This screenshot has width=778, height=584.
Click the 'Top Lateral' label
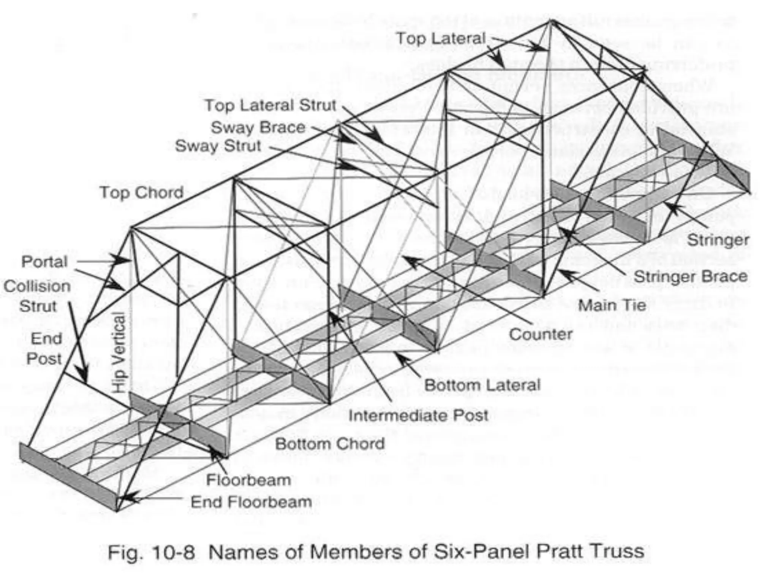441,38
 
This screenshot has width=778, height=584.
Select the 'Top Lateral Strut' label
270,105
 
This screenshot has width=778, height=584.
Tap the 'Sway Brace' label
258,127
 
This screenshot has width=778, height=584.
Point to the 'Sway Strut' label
218,146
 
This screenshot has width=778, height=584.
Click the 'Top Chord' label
141,192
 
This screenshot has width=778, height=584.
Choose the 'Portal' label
44,262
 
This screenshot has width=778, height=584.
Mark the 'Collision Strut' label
37,296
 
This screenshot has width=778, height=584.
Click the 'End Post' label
45,349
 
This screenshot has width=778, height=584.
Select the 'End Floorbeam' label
251,502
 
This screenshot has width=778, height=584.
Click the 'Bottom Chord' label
330,444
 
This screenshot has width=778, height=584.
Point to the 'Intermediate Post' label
418,416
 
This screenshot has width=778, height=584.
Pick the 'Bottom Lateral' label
482,385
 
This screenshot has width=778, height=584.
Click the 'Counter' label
541,334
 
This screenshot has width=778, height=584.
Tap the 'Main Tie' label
612,305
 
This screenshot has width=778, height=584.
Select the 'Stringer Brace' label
691,276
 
